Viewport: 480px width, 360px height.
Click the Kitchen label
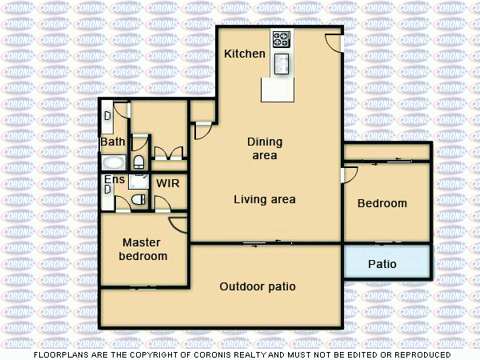click(x=244, y=54)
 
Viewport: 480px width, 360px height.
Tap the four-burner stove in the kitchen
click(x=282, y=39)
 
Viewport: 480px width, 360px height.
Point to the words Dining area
click(x=264, y=149)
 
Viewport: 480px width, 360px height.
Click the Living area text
click(x=264, y=199)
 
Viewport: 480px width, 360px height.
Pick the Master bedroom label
click(x=142, y=249)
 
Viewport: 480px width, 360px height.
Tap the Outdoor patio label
click(x=258, y=286)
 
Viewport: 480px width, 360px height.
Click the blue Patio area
click(x=387, y=262)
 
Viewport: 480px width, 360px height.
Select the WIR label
click(x=167, y=183)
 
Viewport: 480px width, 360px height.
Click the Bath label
click(x=112, y=142)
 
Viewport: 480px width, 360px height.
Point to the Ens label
click(x=114, y=179)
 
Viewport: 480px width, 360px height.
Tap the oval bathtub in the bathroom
click(x=113, y=162)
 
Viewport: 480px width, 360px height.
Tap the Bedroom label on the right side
click(x=382, y=203)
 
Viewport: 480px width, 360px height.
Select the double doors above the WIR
click(x=169, y=153)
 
